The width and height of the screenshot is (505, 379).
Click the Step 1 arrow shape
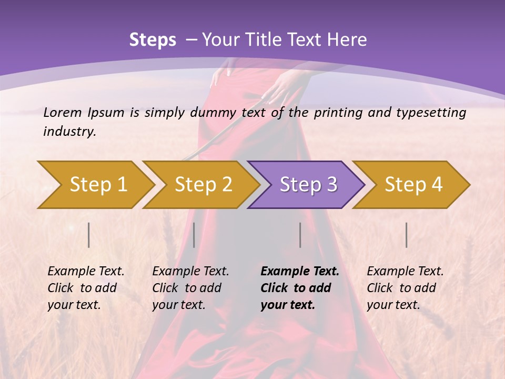point(97,185)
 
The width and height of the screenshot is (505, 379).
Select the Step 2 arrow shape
point(203,185)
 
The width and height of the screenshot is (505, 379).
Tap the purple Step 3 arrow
point(308,185)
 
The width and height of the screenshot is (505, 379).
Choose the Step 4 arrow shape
point(413,185)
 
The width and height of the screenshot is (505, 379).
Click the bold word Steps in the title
point(153,40)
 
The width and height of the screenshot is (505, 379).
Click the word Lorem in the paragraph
point(63,112)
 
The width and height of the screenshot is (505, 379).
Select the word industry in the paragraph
point(69,132)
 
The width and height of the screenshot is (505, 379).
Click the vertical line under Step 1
point(88,235)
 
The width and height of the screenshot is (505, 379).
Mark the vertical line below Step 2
point(194,235)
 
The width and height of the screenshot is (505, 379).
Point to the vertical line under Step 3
point(300,235)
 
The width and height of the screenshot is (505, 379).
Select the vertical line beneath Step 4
point(406,235)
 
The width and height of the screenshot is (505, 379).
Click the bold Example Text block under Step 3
point(300,288)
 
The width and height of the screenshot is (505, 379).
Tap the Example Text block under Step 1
point(86,288)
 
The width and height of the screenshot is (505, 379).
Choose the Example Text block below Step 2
point(190,288)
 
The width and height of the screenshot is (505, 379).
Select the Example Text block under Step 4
point(405,288)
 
